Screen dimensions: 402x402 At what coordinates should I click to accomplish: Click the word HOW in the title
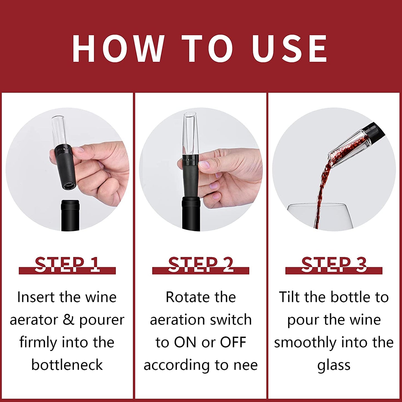pos(118,49)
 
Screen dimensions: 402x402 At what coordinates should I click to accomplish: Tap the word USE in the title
pos(289,49)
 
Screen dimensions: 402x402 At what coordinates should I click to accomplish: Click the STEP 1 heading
pos(67,265)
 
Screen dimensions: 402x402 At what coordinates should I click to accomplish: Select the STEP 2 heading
pos(201,265)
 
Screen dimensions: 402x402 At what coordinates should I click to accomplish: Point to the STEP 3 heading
pos(334,265)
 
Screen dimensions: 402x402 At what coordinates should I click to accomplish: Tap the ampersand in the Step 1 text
pos(68,320)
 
